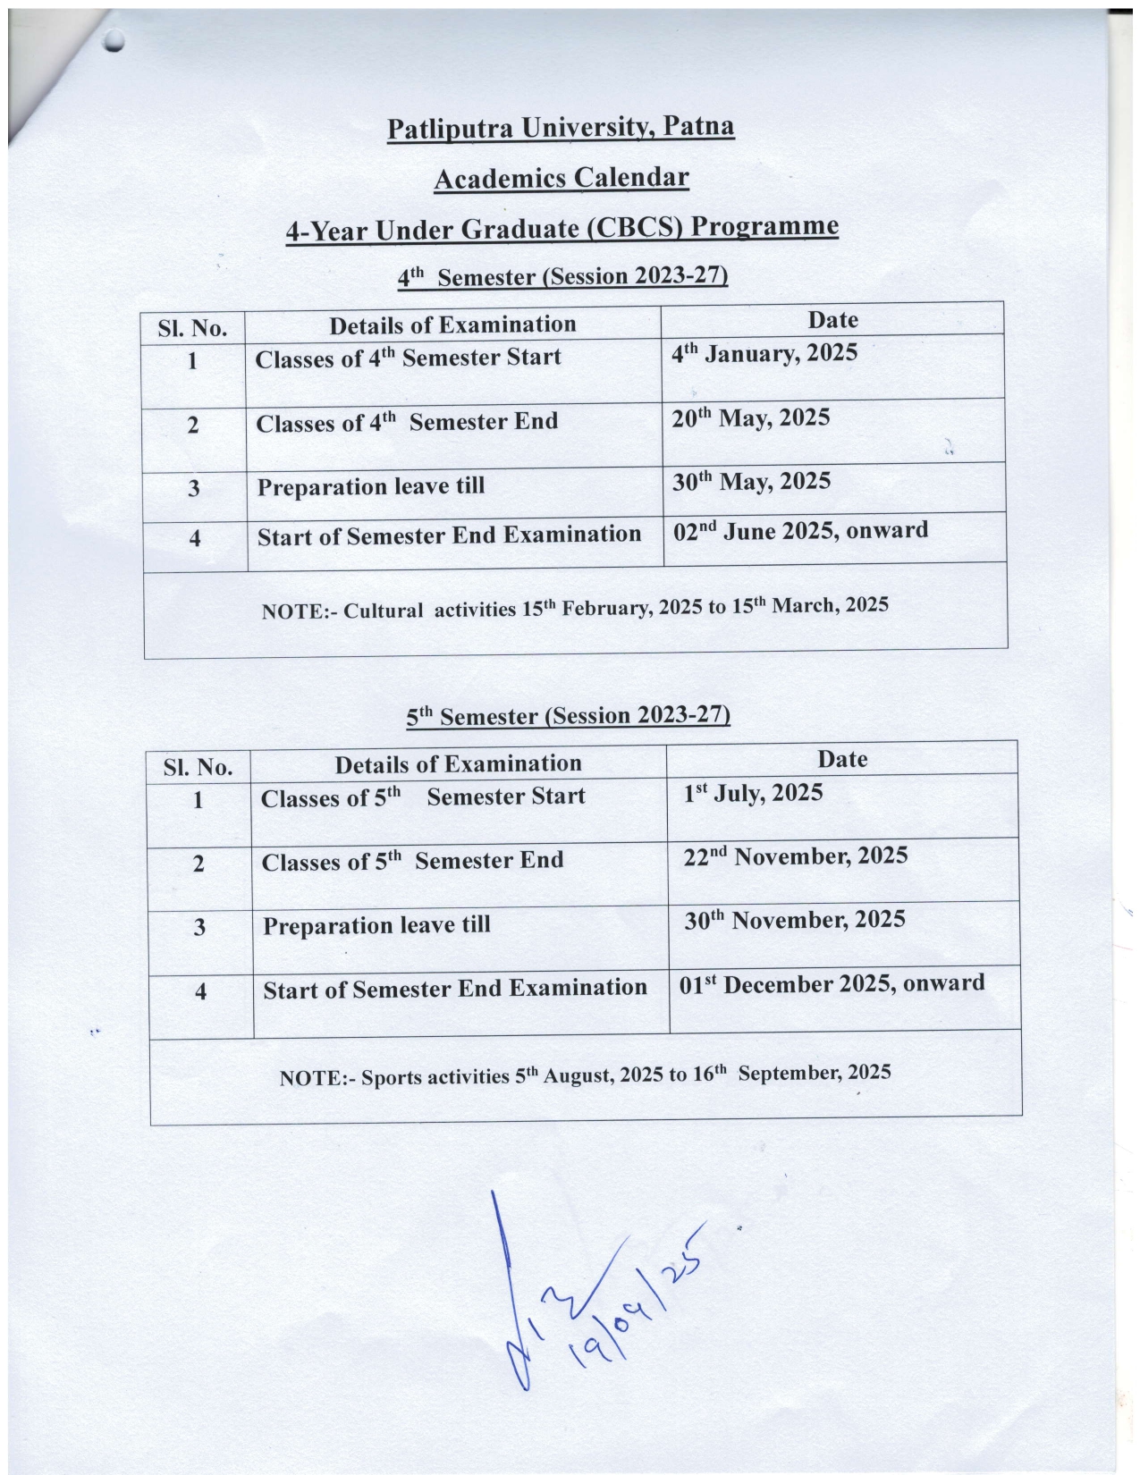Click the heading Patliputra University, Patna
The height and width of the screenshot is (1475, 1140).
pyautogui.click(x=561, y=128)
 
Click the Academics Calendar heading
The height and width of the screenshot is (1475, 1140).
pyautogui.click(x=561, y=178)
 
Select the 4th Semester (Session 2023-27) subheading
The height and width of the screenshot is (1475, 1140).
pyautogui.click(x=562, y=276)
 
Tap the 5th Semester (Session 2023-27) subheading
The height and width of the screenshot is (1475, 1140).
pyautogui.click(x=568, y=716)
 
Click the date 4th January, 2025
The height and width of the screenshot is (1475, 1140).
pyautogui.click(x=764, y=353)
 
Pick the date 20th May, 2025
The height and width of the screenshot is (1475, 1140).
pyautogui.click(x=751, y=417)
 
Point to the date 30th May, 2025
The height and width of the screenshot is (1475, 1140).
pyautogui.click(x=751, y=482)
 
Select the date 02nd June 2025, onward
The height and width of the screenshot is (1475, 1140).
pyautogui.click(x=800, y=531)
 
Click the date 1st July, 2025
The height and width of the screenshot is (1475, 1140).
pyautogui.click(x=753, y=793)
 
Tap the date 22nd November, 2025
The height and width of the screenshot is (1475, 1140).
pyautogui.click(x=796, y=856)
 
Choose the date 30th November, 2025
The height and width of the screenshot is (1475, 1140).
pyautogui.click(x=795, y=920)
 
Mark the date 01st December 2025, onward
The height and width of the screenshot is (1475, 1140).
pyautogui.click(x=832, y=984)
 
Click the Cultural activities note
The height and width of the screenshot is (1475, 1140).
pyautogui.click(x=575, y=608)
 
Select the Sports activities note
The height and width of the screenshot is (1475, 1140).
pyautogui.click(x=585, y=1074)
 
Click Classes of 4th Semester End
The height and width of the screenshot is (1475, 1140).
pyautogui.click(x=407, y=422)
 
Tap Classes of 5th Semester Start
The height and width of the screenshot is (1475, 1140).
pyautogui.click(x=423, y=796)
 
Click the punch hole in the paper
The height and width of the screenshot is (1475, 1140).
pyautogui.click(x=114, y=40)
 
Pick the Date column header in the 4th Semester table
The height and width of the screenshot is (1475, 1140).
pyautogui.click(x=832, y=320)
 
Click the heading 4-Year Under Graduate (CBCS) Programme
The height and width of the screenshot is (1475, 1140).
pyautogui.click(x=562, y=228)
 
